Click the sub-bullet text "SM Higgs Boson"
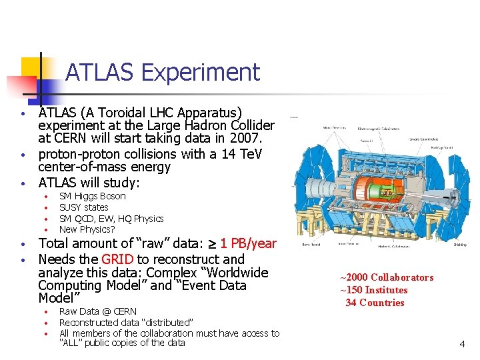[92, 196]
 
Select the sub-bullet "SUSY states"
[83, 207]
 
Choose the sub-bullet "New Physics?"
[87, 229]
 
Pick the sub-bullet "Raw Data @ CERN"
[97, 311]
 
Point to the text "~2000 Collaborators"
[387, 277]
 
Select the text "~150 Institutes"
[373, 290]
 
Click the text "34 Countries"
[375, 303]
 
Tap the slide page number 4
[461, 344]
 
